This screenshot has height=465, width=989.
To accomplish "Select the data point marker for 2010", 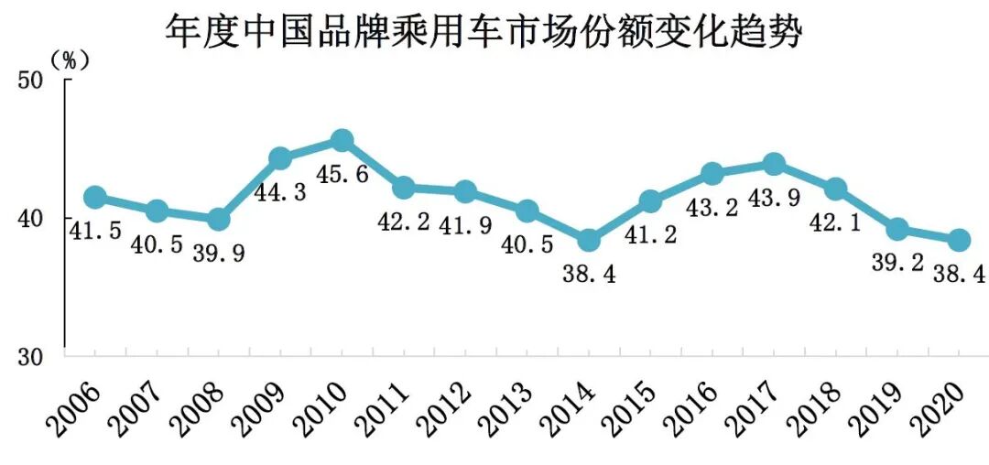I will (x=342, y=140).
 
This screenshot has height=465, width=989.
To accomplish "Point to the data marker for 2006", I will (x=94, y=197).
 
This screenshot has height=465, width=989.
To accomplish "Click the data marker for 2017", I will (x=773, y=164).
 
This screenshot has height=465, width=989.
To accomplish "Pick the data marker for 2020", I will (x=958, y=240).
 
